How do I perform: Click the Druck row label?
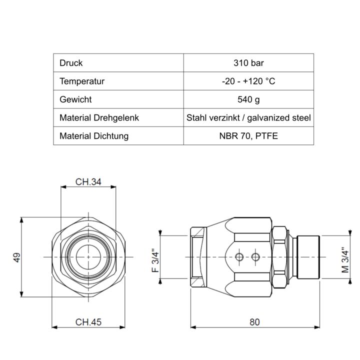pos(71,63)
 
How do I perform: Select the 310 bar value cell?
pos(248,63)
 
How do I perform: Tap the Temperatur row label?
pos(82,81)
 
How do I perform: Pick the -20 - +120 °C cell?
pos(248,81)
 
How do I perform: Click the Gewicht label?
pos(75,99)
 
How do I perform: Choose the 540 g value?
pos(248,99)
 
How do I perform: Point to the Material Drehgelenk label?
pos(99,117)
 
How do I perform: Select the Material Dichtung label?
pos(94,135)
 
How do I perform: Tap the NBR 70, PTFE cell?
pos(248,135)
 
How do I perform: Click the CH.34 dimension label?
pos(88,182)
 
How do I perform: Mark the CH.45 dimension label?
pos(88,322)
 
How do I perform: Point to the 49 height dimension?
pos(17,257)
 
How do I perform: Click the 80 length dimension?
pos(254,322)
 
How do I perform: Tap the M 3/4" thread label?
pos(345,260)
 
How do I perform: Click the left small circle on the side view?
pos(239,257)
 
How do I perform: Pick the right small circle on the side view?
pos(255,257)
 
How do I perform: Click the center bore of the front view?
pos(88,257)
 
